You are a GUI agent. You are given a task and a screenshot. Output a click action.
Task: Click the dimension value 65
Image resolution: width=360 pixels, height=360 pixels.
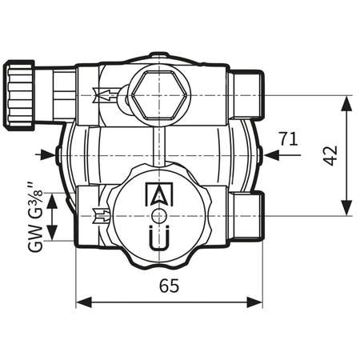(168, 286)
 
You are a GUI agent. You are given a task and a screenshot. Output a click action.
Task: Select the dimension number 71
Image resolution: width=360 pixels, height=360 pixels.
(289, 138)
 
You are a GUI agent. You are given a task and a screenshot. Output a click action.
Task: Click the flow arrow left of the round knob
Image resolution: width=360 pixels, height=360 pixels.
(102, 214)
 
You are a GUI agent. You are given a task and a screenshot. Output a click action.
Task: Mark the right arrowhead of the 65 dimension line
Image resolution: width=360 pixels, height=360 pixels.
(258, 303)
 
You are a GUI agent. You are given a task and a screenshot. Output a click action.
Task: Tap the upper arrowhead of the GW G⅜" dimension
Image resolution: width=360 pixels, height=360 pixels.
(53, 198)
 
